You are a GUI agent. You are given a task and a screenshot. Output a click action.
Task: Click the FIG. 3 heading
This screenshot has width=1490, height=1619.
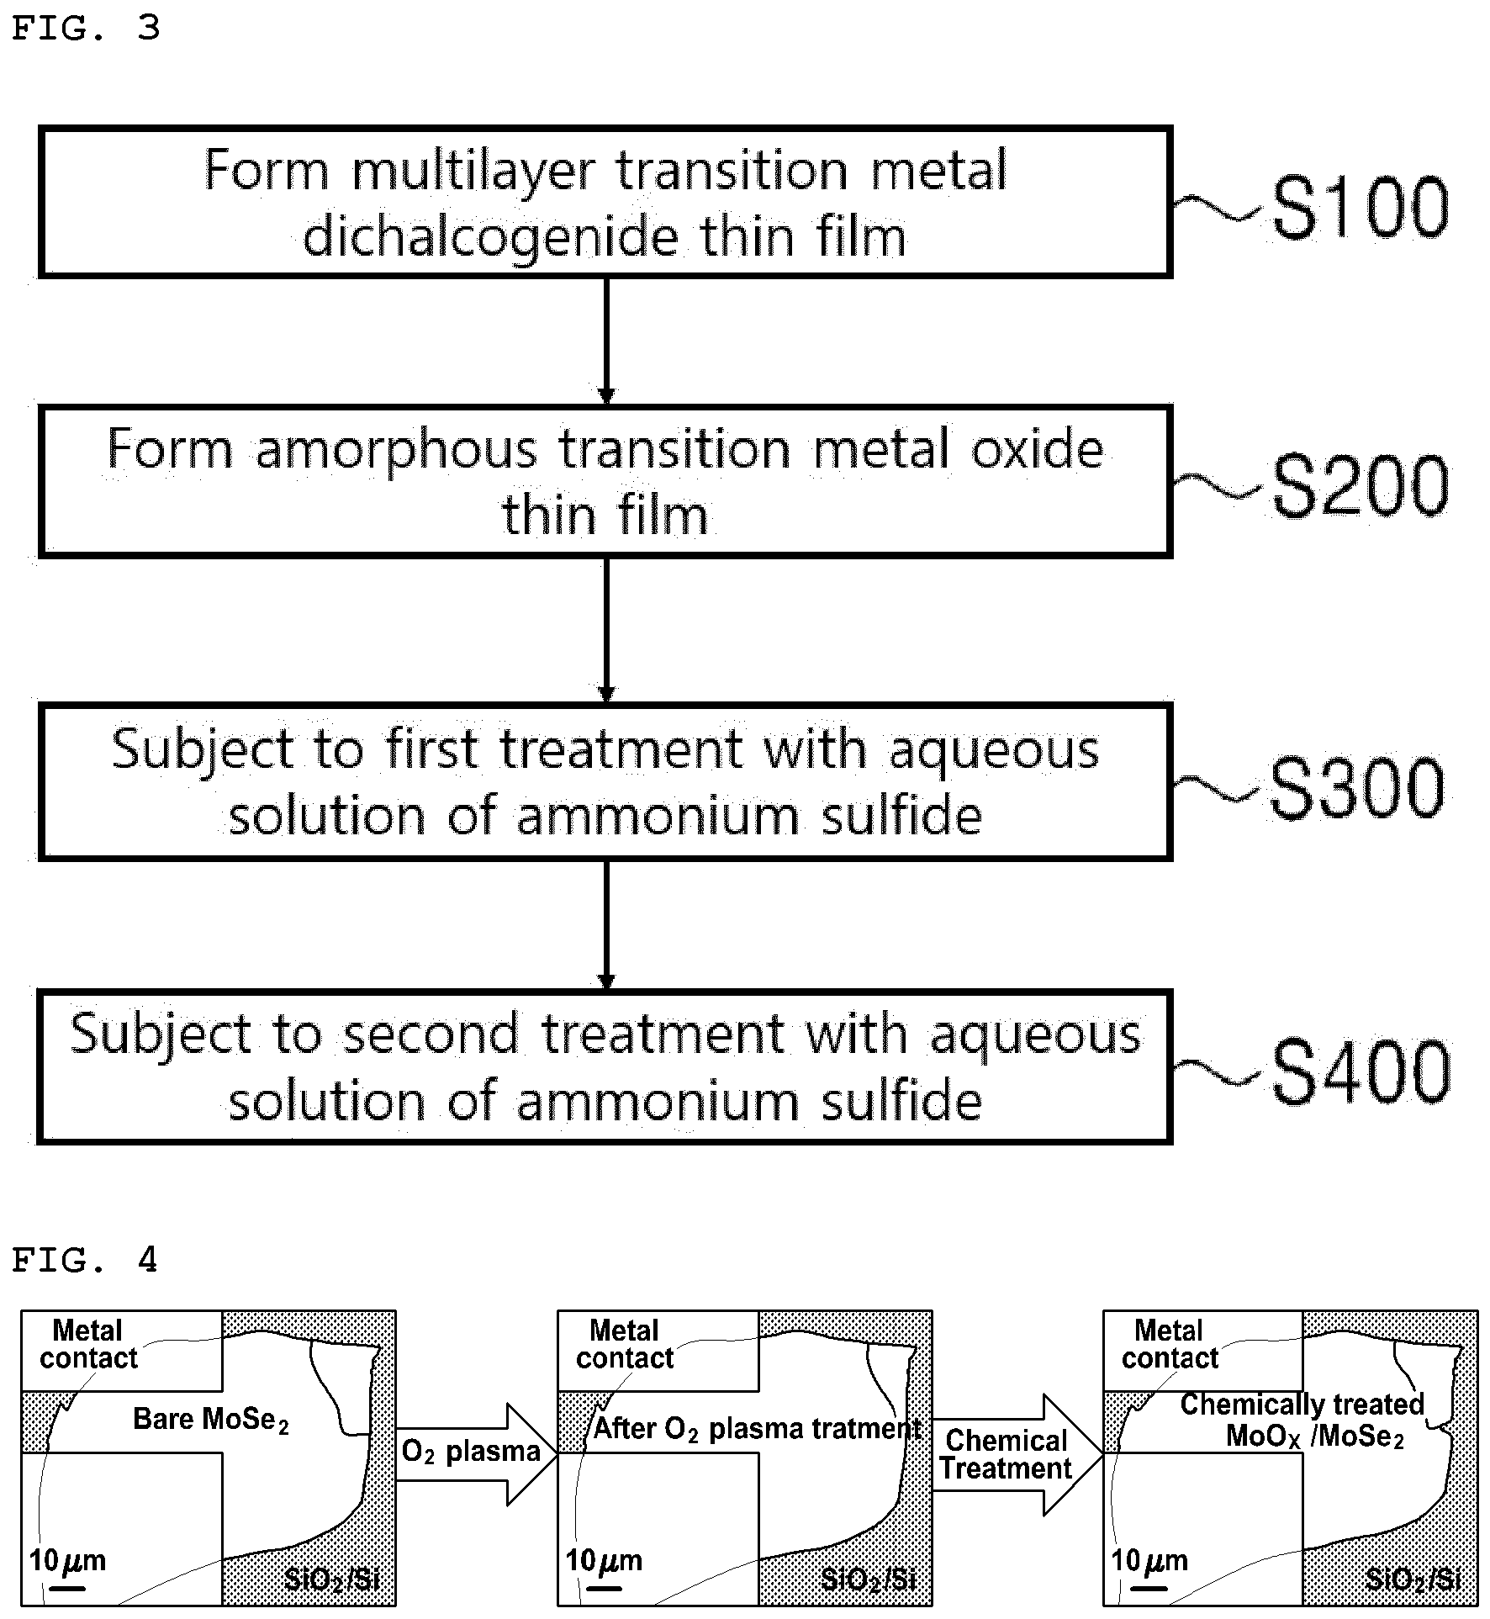click(85, 28)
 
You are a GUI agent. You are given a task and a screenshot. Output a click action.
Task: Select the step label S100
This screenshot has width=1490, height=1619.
click(1360, 207)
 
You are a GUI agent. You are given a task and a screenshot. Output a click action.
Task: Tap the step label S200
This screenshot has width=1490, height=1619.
click(1360, 485)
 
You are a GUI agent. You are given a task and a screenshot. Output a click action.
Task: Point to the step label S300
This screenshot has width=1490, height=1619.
click(1357, 787)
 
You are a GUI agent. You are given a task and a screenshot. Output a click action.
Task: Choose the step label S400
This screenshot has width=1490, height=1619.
click(1361, 1071)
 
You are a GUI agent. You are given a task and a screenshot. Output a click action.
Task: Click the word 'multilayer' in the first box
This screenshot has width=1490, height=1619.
click(474, 172)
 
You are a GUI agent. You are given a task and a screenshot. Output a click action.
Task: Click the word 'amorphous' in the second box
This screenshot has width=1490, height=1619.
click(395, 452)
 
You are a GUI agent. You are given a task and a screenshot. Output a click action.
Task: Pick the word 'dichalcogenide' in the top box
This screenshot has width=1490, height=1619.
click(490, 238)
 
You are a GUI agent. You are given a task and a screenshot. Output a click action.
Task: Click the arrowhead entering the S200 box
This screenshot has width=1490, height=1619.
click(605, 396)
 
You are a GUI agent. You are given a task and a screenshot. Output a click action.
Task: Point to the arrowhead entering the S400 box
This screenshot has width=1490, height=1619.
click(605, 981)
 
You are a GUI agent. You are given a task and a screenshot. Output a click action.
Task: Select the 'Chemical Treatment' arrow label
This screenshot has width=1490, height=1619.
click(1006, 1454)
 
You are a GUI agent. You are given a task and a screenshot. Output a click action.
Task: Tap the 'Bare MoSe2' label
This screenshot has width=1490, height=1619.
click(211, 1420)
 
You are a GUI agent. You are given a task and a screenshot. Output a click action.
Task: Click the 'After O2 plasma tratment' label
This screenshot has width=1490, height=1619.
click(758, 1428)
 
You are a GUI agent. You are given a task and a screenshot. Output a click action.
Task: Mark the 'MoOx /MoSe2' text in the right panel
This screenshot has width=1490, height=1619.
click(1315, 1436)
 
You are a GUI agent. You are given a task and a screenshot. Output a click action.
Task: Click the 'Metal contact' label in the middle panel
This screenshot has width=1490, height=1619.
click(625, 1344)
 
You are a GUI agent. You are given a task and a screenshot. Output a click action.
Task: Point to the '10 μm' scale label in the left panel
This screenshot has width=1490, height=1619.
click(67, 1561)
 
